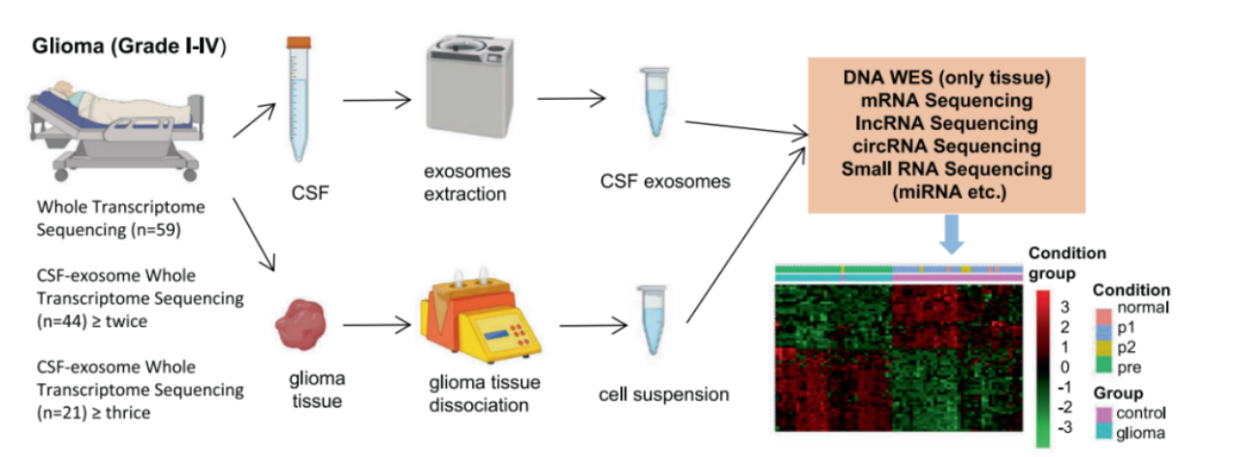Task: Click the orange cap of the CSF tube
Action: click(299, 42)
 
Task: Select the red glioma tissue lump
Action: click(301, 325)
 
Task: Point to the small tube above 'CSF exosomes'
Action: click(654, 102)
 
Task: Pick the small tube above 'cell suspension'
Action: click(652, 320)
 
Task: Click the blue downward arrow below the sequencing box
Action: click(952, 234)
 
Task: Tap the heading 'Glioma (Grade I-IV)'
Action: click(129, 46)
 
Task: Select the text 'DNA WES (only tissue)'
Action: click(947, 77)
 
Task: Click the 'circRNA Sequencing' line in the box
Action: click(947, 146)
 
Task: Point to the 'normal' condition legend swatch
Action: click(1103, 314)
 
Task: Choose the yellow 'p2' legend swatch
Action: click(1103, 347)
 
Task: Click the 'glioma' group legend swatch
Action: click(1103, 432)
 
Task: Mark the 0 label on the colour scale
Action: click(1065, 367)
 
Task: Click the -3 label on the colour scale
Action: click(1065, 428)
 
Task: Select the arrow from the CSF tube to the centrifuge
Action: click(377, 100)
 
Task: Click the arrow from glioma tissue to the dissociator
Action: click(377, 325)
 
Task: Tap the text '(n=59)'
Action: click(156, 230)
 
